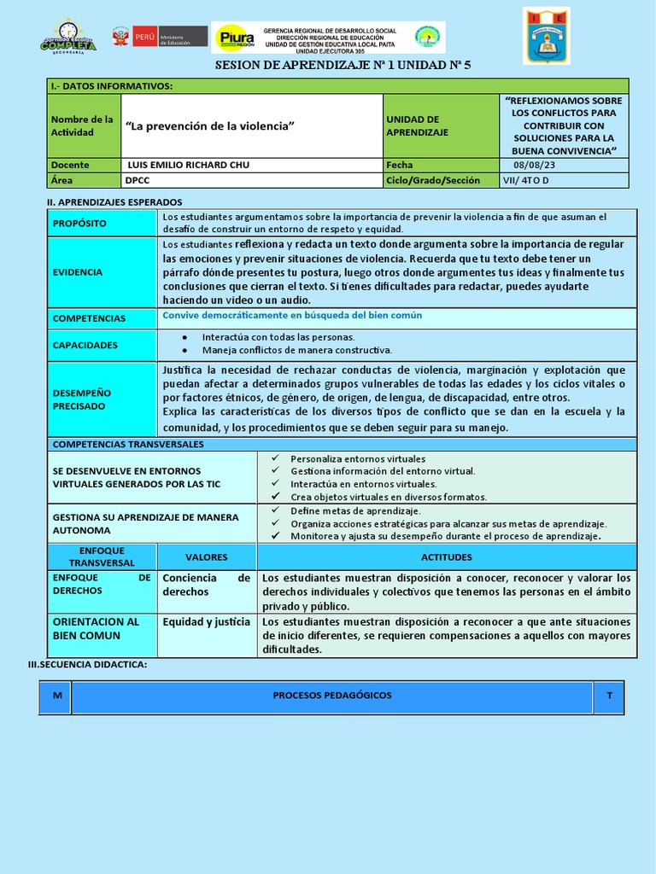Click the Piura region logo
(x=236, y=38)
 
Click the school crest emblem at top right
(x=546, y=36)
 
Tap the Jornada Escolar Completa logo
(x=68, y=37)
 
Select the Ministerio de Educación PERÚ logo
(x=160, y=37)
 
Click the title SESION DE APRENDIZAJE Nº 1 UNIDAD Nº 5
(x=343, y=65)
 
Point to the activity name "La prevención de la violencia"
(x=210, y=126)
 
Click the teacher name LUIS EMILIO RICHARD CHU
(x=188, y=165)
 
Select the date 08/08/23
(x=534, y=165)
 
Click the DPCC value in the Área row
(x=138, y=180)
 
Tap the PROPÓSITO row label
(x=79, y=223)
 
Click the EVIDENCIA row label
(x=78, y=272)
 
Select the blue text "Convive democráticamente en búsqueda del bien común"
(x=292, y=315)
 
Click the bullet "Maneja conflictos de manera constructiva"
(x=296, y=350)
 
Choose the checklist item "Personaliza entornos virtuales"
(x=357, y=458)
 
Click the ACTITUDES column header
(x=446, y=556)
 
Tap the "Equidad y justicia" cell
(x=207, y=622)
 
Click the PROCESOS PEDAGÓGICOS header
(x=332, y=696)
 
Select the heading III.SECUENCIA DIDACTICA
(x=88, y=664)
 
